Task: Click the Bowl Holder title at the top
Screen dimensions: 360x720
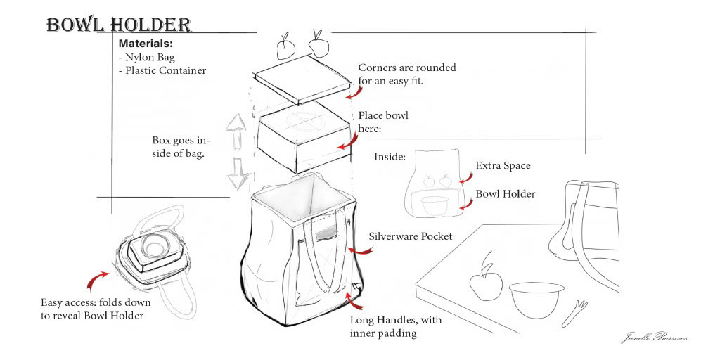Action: (x=118, y=25)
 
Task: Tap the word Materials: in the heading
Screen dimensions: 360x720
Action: (x=146, y=44)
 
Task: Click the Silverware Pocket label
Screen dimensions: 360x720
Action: (x=410, y=236)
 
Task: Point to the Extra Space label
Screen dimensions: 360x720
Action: (x=503, y=166)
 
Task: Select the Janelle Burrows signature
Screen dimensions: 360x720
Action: (x=653, y=337)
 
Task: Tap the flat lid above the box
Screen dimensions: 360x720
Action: (x=301, y=83)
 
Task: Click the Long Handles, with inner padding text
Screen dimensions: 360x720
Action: (x=395, y=326)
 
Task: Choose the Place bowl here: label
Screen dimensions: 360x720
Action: (x=382, y=122)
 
